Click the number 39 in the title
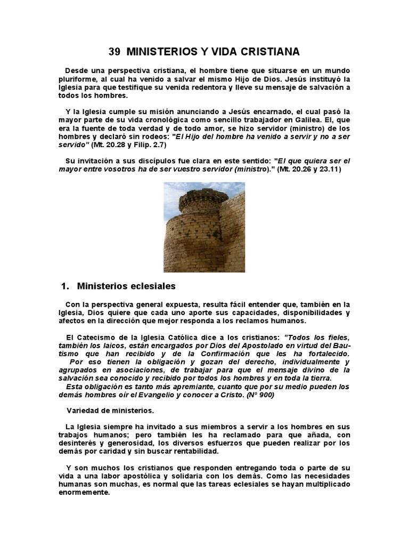pos(114,52)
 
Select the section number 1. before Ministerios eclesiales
pos(66,286)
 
